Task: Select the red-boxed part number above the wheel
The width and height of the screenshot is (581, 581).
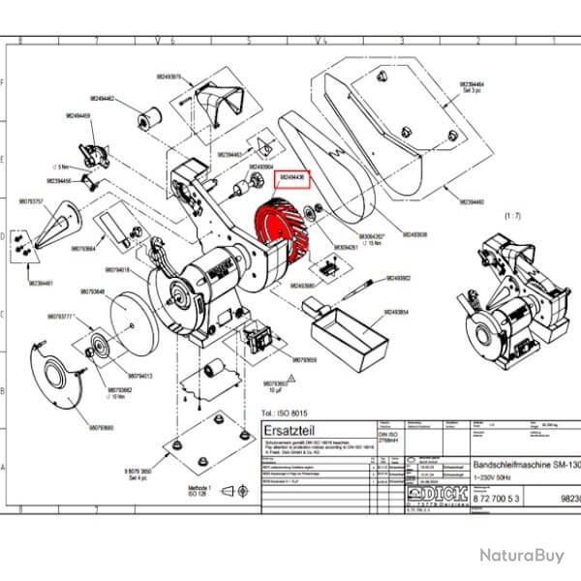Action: (x=292, y=179)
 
